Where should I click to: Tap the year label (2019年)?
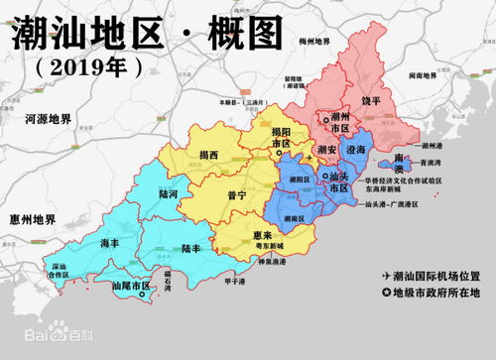[88, 66]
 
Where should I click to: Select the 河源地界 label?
[45, 119]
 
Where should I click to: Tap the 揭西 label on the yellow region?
[208, 155]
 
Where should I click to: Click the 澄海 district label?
[354, 149]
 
